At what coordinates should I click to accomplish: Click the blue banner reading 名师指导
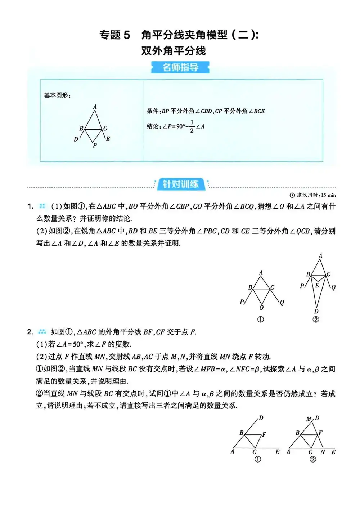(180, 67)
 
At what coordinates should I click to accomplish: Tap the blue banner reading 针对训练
(180, 184)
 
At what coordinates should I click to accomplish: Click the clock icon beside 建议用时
(292, 195)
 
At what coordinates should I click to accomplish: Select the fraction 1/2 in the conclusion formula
(192, 126)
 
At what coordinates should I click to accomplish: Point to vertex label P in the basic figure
(95, 146)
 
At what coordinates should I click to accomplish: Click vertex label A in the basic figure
(95, 107)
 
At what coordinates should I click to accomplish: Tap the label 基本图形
(57, 95)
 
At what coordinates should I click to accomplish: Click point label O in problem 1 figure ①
(261, 308)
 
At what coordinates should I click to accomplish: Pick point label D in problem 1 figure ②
(316, 311)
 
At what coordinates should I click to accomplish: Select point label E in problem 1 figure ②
(317, 285)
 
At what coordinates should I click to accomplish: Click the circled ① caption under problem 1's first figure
(260, 320)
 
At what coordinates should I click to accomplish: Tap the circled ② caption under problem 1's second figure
(316, 320)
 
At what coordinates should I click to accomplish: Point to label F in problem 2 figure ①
(264, 434)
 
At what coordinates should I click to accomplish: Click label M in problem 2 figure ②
(309, 419)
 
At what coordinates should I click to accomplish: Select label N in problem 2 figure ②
(323, 452)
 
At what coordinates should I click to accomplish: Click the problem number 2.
(30, 332)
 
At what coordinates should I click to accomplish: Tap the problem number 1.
(30, 206)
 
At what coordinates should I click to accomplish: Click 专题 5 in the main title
(114, 35)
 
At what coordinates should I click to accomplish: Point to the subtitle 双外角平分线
(174, 51)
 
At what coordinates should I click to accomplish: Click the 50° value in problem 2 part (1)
(78, 344)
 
